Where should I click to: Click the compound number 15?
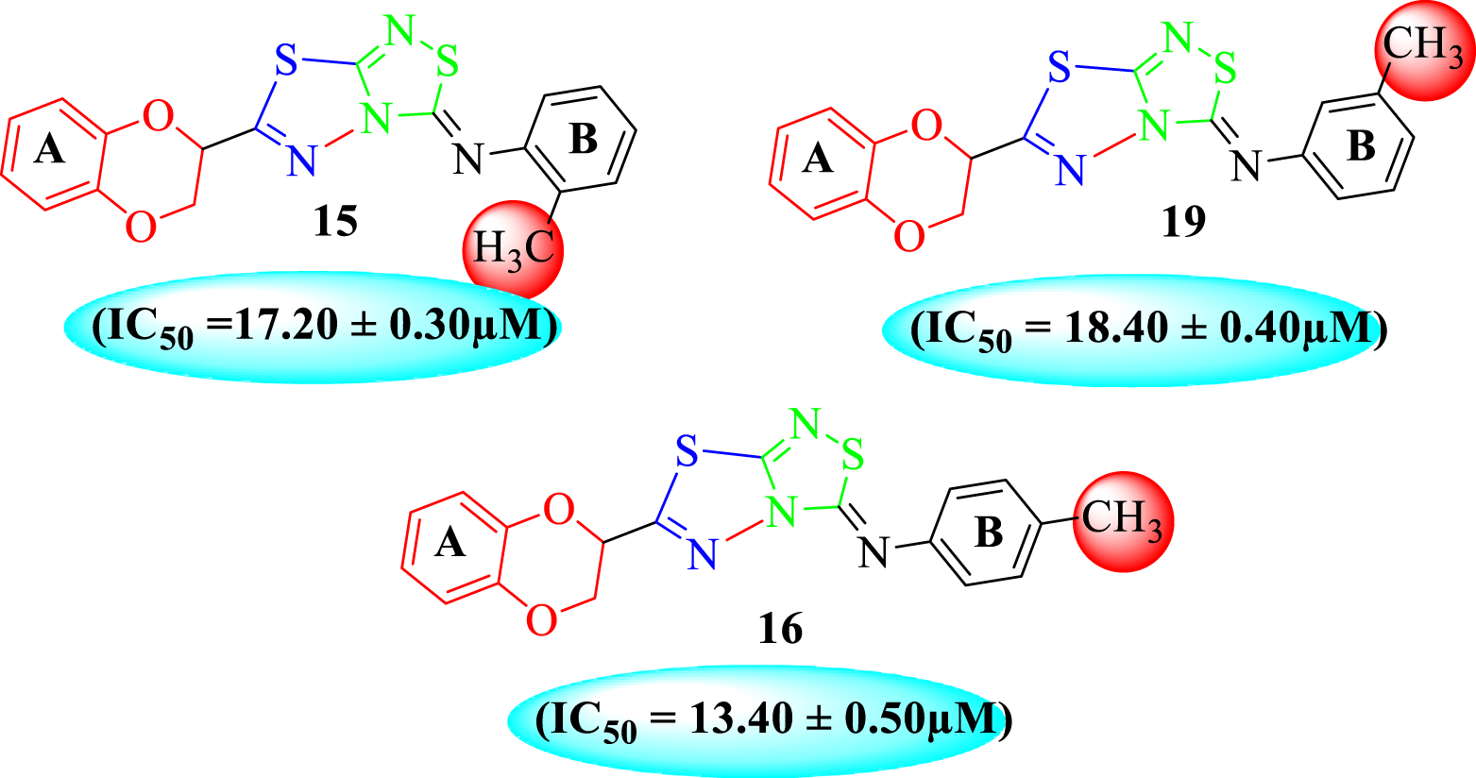(335, 222)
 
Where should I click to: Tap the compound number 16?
(780, 627)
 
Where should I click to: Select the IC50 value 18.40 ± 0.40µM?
(1132, 330)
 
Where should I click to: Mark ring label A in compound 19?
(818, 158)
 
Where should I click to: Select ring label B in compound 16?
(988, 533)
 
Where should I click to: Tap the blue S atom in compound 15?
(287, 64)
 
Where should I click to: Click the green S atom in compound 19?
(1224, 68)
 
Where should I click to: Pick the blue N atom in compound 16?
(700, 553)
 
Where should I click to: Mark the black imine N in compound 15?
(468, 159)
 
